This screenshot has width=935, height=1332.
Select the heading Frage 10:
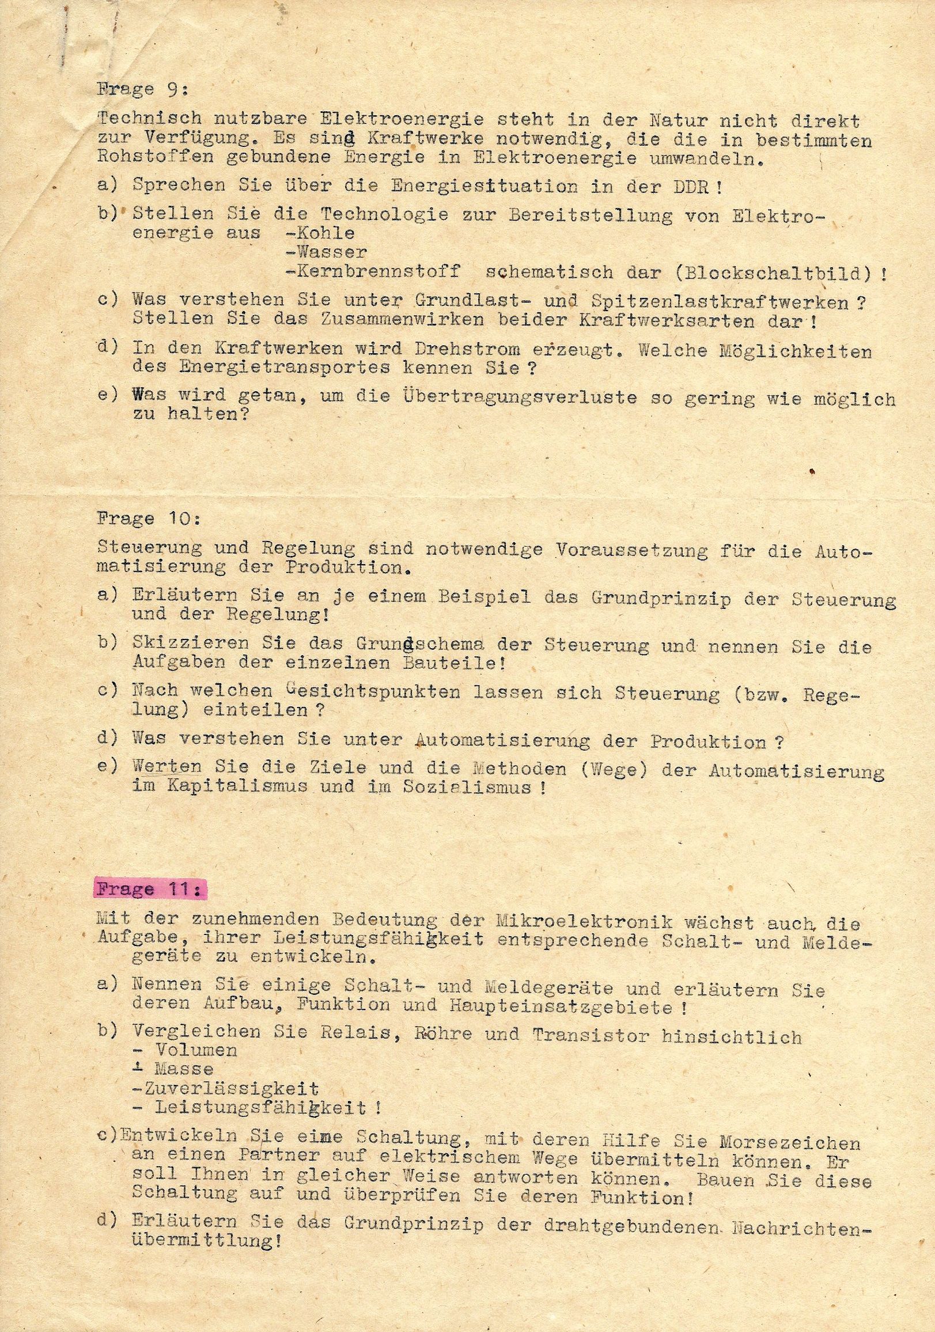148,519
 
